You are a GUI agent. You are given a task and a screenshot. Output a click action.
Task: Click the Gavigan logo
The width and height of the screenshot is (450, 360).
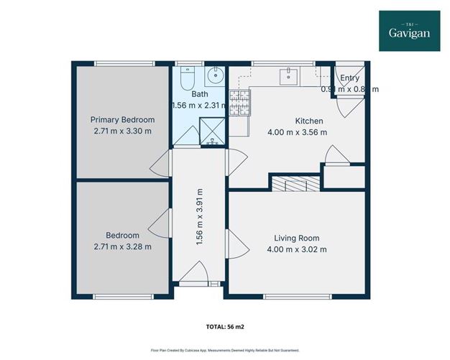pos(410,31)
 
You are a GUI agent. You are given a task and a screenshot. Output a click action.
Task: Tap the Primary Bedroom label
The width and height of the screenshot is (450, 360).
pos(122,120)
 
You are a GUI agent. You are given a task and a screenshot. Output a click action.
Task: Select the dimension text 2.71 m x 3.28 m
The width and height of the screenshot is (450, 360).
pos(122,246)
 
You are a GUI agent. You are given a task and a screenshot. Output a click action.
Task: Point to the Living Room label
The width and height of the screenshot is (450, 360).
pos(296,238)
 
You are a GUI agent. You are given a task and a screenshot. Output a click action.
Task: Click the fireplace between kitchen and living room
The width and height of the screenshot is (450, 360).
pos(293,184)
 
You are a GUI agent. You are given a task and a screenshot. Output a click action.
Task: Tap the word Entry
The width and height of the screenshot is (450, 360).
pos(349,78)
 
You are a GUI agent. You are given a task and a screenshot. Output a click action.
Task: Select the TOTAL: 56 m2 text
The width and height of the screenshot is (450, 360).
pos(224,326)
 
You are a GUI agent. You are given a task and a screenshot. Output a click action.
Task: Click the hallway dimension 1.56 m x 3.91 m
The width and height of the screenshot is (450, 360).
pos(200,218)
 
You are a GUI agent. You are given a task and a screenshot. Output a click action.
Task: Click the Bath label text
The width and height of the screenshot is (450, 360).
pos(199,94)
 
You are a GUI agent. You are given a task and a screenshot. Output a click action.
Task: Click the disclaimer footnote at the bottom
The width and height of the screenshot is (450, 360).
pos(224,349)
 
